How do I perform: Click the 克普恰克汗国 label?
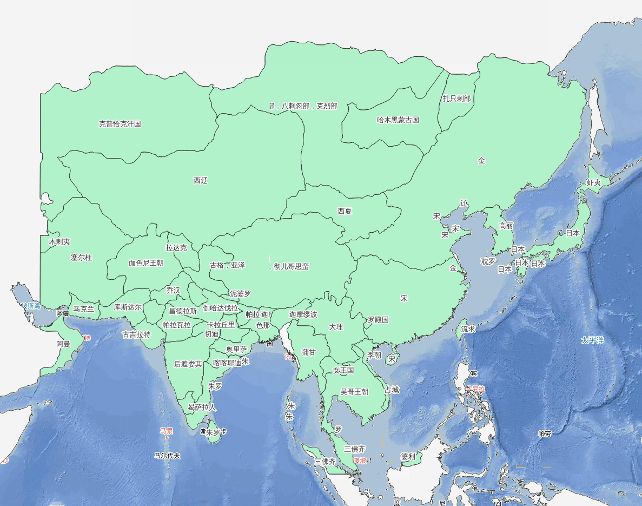[x=120, y=124]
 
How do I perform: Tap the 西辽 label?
[x=201, y=181]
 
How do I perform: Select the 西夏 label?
[x=345, y=211]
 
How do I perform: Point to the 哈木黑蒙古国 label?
[x=398, y=120]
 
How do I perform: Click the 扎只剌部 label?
[x=456, y=98]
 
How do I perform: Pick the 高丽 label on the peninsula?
[x=506, y=226]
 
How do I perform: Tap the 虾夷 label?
[x=594, y=182]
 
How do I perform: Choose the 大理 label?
[x=336, y=327]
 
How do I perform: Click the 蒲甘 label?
[x=309, y=352]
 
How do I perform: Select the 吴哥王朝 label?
[x=354, y=391]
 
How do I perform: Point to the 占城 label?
[x=392, y=390]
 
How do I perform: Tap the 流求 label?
[x=468, y=329]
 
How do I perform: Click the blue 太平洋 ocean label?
[x=592, y=340]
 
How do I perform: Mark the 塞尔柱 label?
[x=81, y=258]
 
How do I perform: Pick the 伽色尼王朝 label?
[x=145, y=263]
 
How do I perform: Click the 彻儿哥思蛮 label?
[x=291, y=266]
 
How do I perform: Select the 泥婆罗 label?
[x=240, y=294]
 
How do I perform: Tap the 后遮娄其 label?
[x=188, y=364]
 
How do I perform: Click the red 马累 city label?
[x=166, y=431]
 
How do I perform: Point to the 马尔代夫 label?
[x=167, y=456]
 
